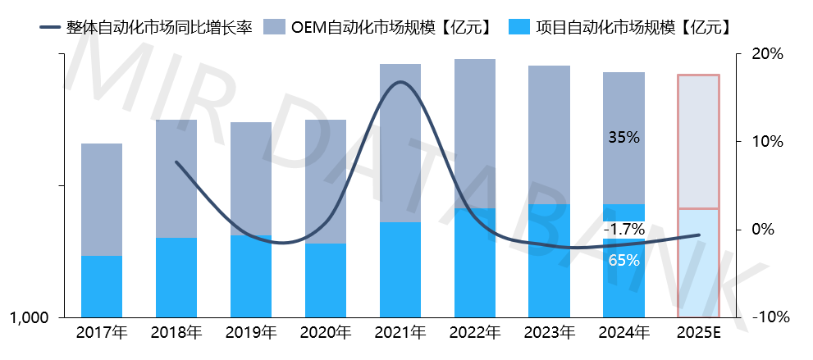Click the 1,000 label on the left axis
[30, 317]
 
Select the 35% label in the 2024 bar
[623, 138]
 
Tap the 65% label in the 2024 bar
[623, 261]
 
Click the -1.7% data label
[623, 230]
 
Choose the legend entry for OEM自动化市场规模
[379, 27]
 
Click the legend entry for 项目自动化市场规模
[620, 27]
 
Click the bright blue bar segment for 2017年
[102, 286]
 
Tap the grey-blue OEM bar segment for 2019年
[251, 179]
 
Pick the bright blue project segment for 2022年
[474, 262]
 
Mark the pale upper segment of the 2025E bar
[698, 142]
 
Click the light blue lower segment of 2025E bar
[698, 262]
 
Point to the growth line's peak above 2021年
[400, 82]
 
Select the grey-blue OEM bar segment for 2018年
[176, 179]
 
